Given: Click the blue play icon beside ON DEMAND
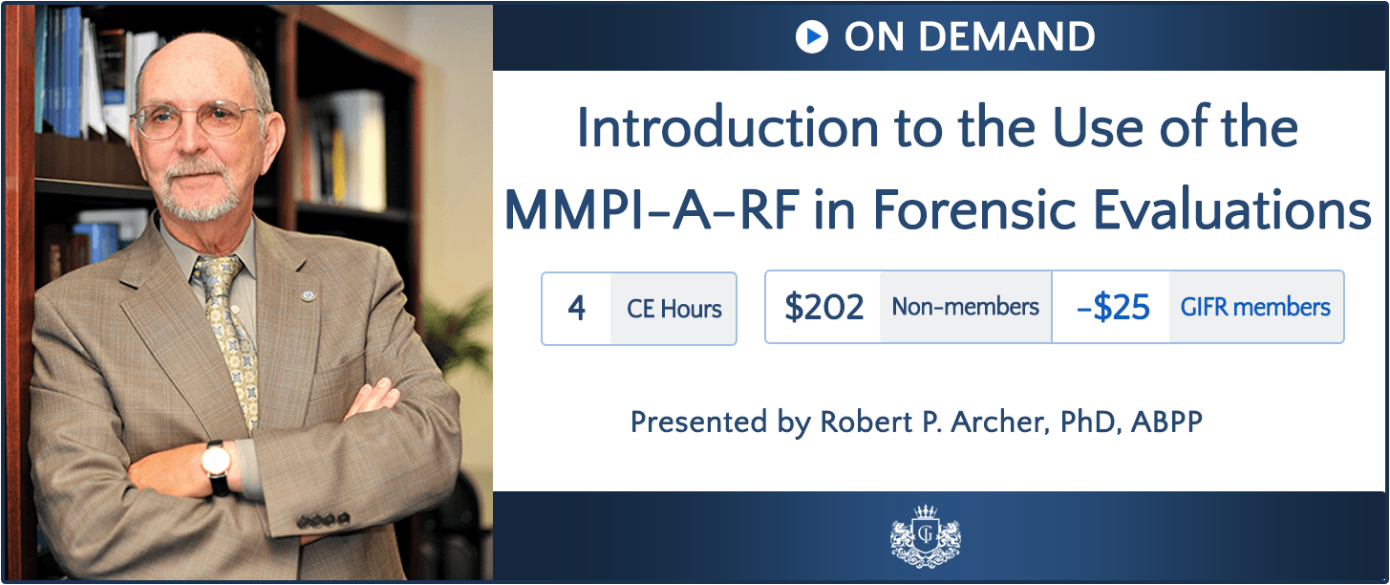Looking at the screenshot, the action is (x=812, y=36).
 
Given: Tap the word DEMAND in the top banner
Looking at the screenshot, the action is (x=1007, y=36).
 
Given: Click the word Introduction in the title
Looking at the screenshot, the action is (x=727, y=128).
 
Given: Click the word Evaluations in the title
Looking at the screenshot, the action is (x=1231, y=210).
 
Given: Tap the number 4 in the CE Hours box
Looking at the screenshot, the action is (x=576, y=308).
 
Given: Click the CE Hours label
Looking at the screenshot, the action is (x=674, y=309).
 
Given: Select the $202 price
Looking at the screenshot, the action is (x=824, y=307).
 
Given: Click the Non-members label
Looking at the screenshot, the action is (x=966, y=307).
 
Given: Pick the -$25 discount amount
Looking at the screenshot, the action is (x=1113, y=307).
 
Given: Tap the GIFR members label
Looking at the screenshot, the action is (x=1255, y=307).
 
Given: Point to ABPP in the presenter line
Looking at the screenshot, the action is (x=1166, y=422).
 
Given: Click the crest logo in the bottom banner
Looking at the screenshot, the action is (x=926, y=536).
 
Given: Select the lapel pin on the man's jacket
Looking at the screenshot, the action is (x=308, y=295).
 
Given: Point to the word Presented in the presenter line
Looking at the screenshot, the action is (x=698, y=422).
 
